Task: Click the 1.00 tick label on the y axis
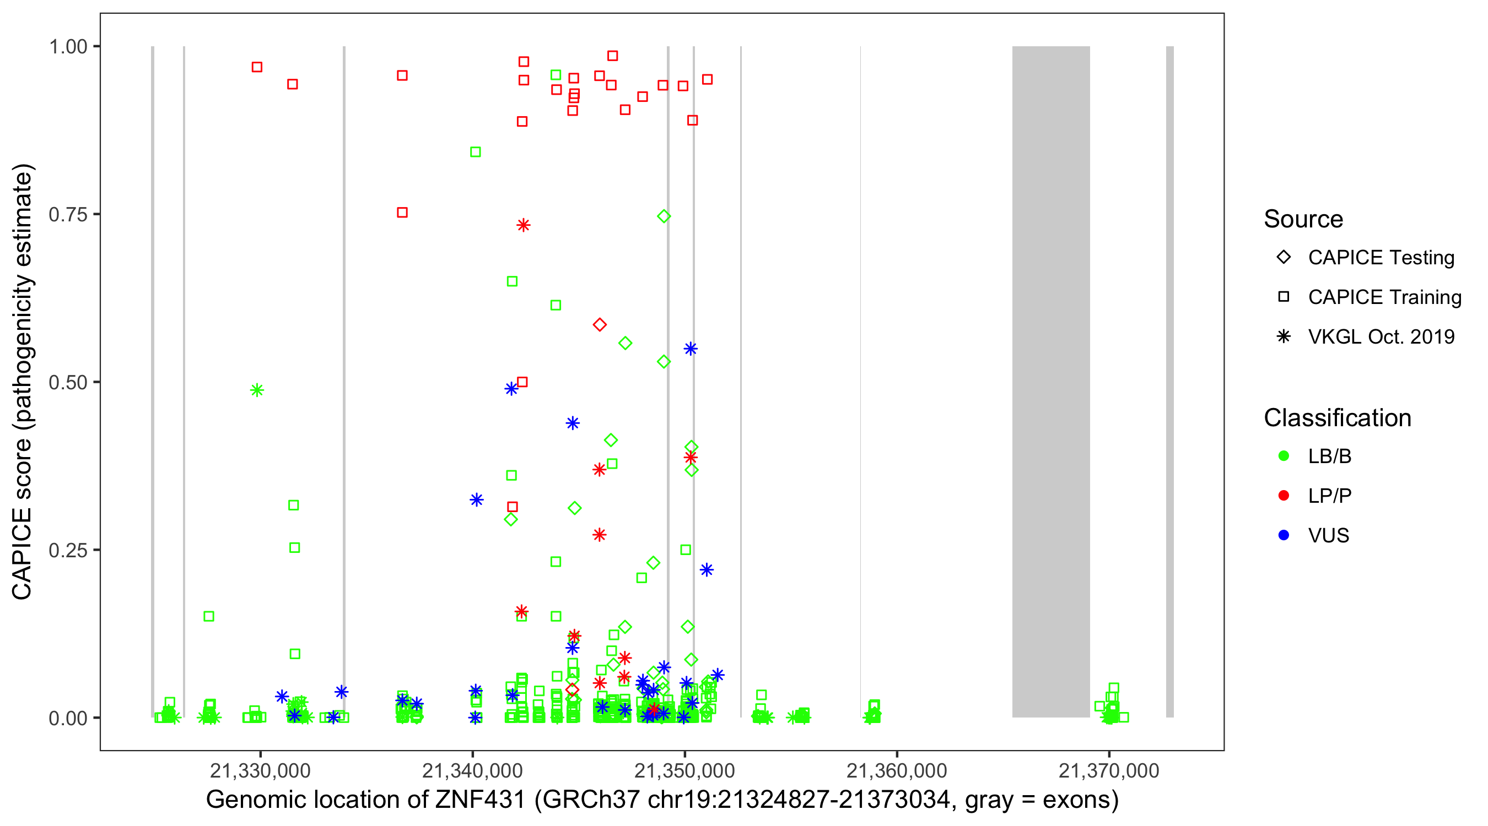tap(68, 46)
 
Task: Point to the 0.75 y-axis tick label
tap(68, 214)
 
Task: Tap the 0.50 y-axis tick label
tap(68, 382)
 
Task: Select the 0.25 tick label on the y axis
tap(68, 550)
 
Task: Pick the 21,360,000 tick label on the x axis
tap(897, 770)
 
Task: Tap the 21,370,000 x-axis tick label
tap(1108, 770)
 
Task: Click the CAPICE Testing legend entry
tap(1381, 258)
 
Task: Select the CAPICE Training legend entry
tap(1384, 297)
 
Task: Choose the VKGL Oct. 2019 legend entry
tap(1381, 337)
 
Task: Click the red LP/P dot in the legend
tap(1284, 496)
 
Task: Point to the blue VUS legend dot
tap(1284, 536)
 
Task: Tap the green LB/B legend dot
tap(1284, 456)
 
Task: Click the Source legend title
tap(1303, 219)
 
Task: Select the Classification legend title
tap(1337, 418)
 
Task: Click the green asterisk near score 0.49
tap(257, 390)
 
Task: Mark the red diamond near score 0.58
tap(600, 325)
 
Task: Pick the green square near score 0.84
tap(476, 152)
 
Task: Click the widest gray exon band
tap(1051, 381)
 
